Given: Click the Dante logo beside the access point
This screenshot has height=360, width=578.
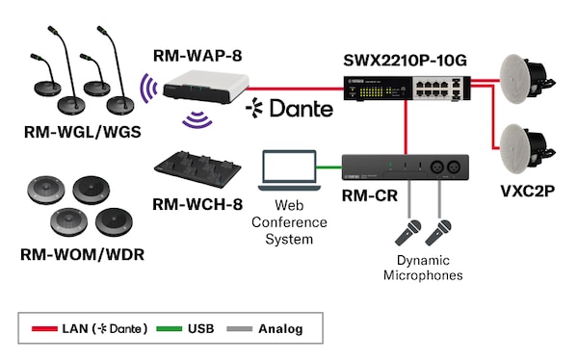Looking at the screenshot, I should point(290,108).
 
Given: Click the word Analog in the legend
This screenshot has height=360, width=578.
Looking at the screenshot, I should point(280,329).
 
